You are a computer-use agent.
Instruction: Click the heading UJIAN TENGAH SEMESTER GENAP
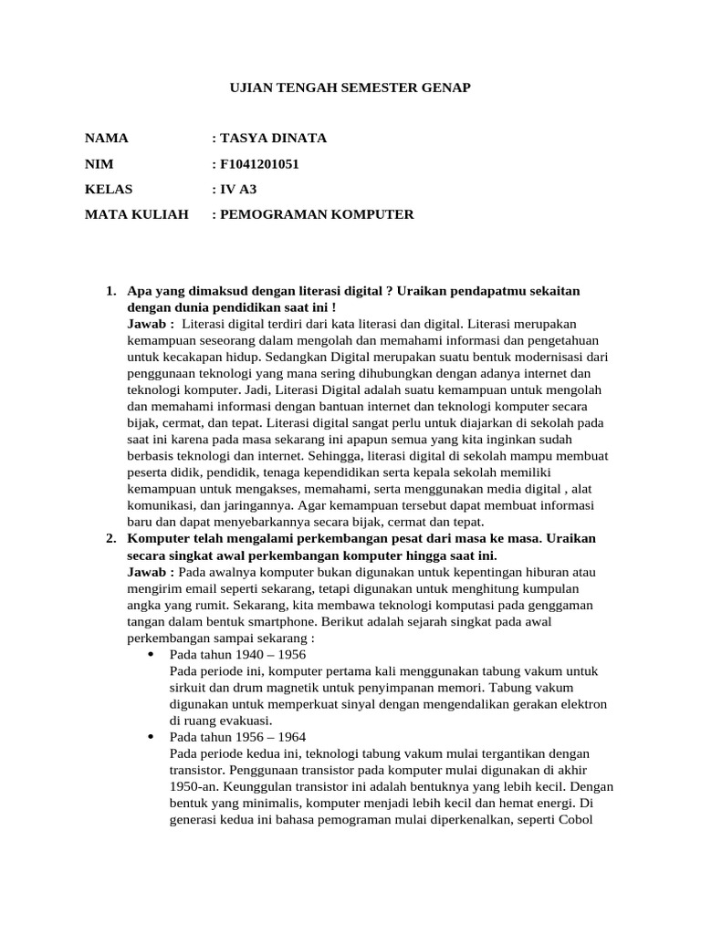click(x=350, y=88)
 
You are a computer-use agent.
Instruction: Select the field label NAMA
click(x=107, y=139)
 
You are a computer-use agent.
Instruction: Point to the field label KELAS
click(x=109, y=190)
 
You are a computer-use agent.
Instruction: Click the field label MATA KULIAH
click(x=137, y=215)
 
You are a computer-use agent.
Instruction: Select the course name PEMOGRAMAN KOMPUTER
click(x=316, y=215)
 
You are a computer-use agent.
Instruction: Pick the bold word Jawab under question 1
click(x=148, y=324)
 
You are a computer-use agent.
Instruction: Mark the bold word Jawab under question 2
click(x=148, y=572)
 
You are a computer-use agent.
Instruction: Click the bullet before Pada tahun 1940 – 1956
click(x=151, y=655)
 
